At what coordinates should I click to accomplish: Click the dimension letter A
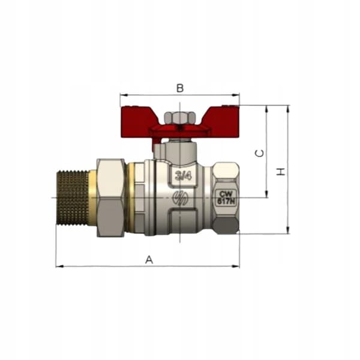149,260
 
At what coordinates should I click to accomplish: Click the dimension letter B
180,88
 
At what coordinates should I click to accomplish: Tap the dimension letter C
260,153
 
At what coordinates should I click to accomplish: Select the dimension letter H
281,172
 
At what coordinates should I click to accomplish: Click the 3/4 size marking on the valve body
183,176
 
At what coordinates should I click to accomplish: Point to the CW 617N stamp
226,197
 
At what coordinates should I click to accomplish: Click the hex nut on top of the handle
180,118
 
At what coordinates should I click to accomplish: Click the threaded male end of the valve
73,197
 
